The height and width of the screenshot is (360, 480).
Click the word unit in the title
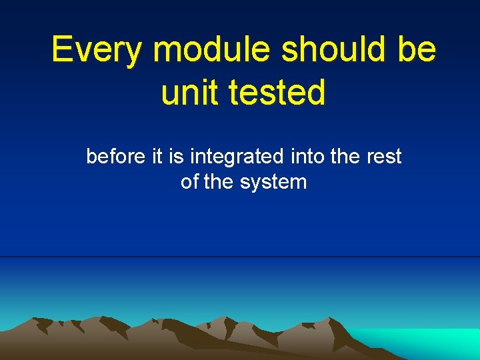pyautogui.click(x=190, y=93)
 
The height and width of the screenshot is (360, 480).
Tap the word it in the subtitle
pyautogui.click(x=157, y=157)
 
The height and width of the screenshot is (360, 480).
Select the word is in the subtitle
pyautogui.click(x=176, y=157)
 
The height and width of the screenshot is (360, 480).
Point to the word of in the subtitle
pyautogui.click(x=189, y=182)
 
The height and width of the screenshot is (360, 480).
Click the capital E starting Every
pyautogui.click(x=62, y=49)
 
